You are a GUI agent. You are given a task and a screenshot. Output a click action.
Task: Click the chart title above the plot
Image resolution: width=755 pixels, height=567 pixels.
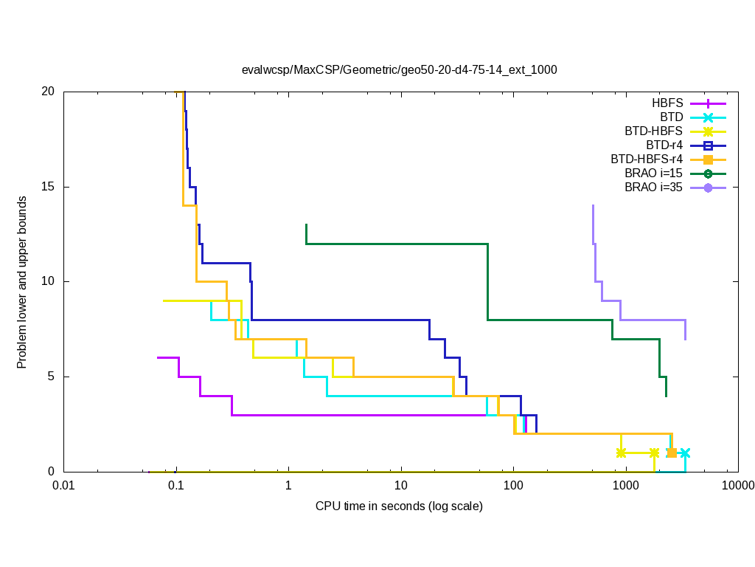399,70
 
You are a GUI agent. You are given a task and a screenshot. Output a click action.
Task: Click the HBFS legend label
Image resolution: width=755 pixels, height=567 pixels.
667,103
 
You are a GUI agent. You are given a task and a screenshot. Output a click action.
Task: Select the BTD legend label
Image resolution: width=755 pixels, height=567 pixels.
671,117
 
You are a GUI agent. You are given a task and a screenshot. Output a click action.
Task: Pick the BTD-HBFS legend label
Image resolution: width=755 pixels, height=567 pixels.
653,131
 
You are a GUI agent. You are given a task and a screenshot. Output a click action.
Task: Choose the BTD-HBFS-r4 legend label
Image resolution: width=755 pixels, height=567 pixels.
646,159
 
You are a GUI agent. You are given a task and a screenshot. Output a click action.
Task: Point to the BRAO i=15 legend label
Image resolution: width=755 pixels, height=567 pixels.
653,173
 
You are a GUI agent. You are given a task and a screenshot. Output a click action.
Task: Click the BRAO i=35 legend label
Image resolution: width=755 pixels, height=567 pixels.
653,188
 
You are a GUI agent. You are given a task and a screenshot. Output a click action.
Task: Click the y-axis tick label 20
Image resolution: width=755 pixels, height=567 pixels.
48,92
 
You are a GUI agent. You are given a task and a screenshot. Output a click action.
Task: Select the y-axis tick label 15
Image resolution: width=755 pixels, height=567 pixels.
48,187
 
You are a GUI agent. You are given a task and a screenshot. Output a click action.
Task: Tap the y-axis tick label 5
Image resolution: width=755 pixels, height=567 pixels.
52,377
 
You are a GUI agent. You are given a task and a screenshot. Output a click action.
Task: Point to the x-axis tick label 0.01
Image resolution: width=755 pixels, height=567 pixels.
63,486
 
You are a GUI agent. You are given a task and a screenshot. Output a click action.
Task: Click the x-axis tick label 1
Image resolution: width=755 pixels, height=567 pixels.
288,486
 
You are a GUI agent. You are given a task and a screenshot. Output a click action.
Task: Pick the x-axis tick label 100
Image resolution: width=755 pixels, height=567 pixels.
513,486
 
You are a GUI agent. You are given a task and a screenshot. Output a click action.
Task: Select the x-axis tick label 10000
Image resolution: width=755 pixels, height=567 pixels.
737,486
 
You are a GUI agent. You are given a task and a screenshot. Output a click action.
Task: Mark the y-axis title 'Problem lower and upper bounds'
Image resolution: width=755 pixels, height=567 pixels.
23,283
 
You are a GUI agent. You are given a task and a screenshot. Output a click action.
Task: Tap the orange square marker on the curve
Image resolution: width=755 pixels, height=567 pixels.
672,453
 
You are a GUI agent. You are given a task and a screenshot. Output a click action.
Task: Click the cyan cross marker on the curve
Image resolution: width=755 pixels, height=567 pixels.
685,453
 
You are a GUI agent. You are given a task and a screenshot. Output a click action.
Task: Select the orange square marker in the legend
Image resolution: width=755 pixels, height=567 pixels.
708,159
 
